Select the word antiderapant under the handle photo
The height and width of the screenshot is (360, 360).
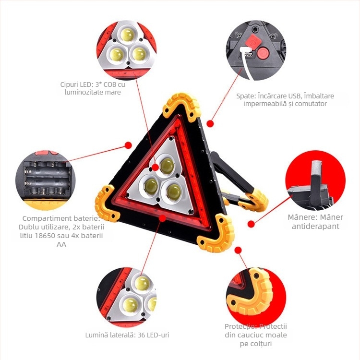[x=315, y=226]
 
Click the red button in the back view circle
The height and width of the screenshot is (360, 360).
[x=262, y=53]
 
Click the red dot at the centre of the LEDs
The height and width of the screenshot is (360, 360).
[x=155, y=168]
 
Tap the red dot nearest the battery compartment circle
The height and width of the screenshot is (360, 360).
[x=128, y=144]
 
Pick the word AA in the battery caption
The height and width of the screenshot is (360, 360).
[x=61, y=244]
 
